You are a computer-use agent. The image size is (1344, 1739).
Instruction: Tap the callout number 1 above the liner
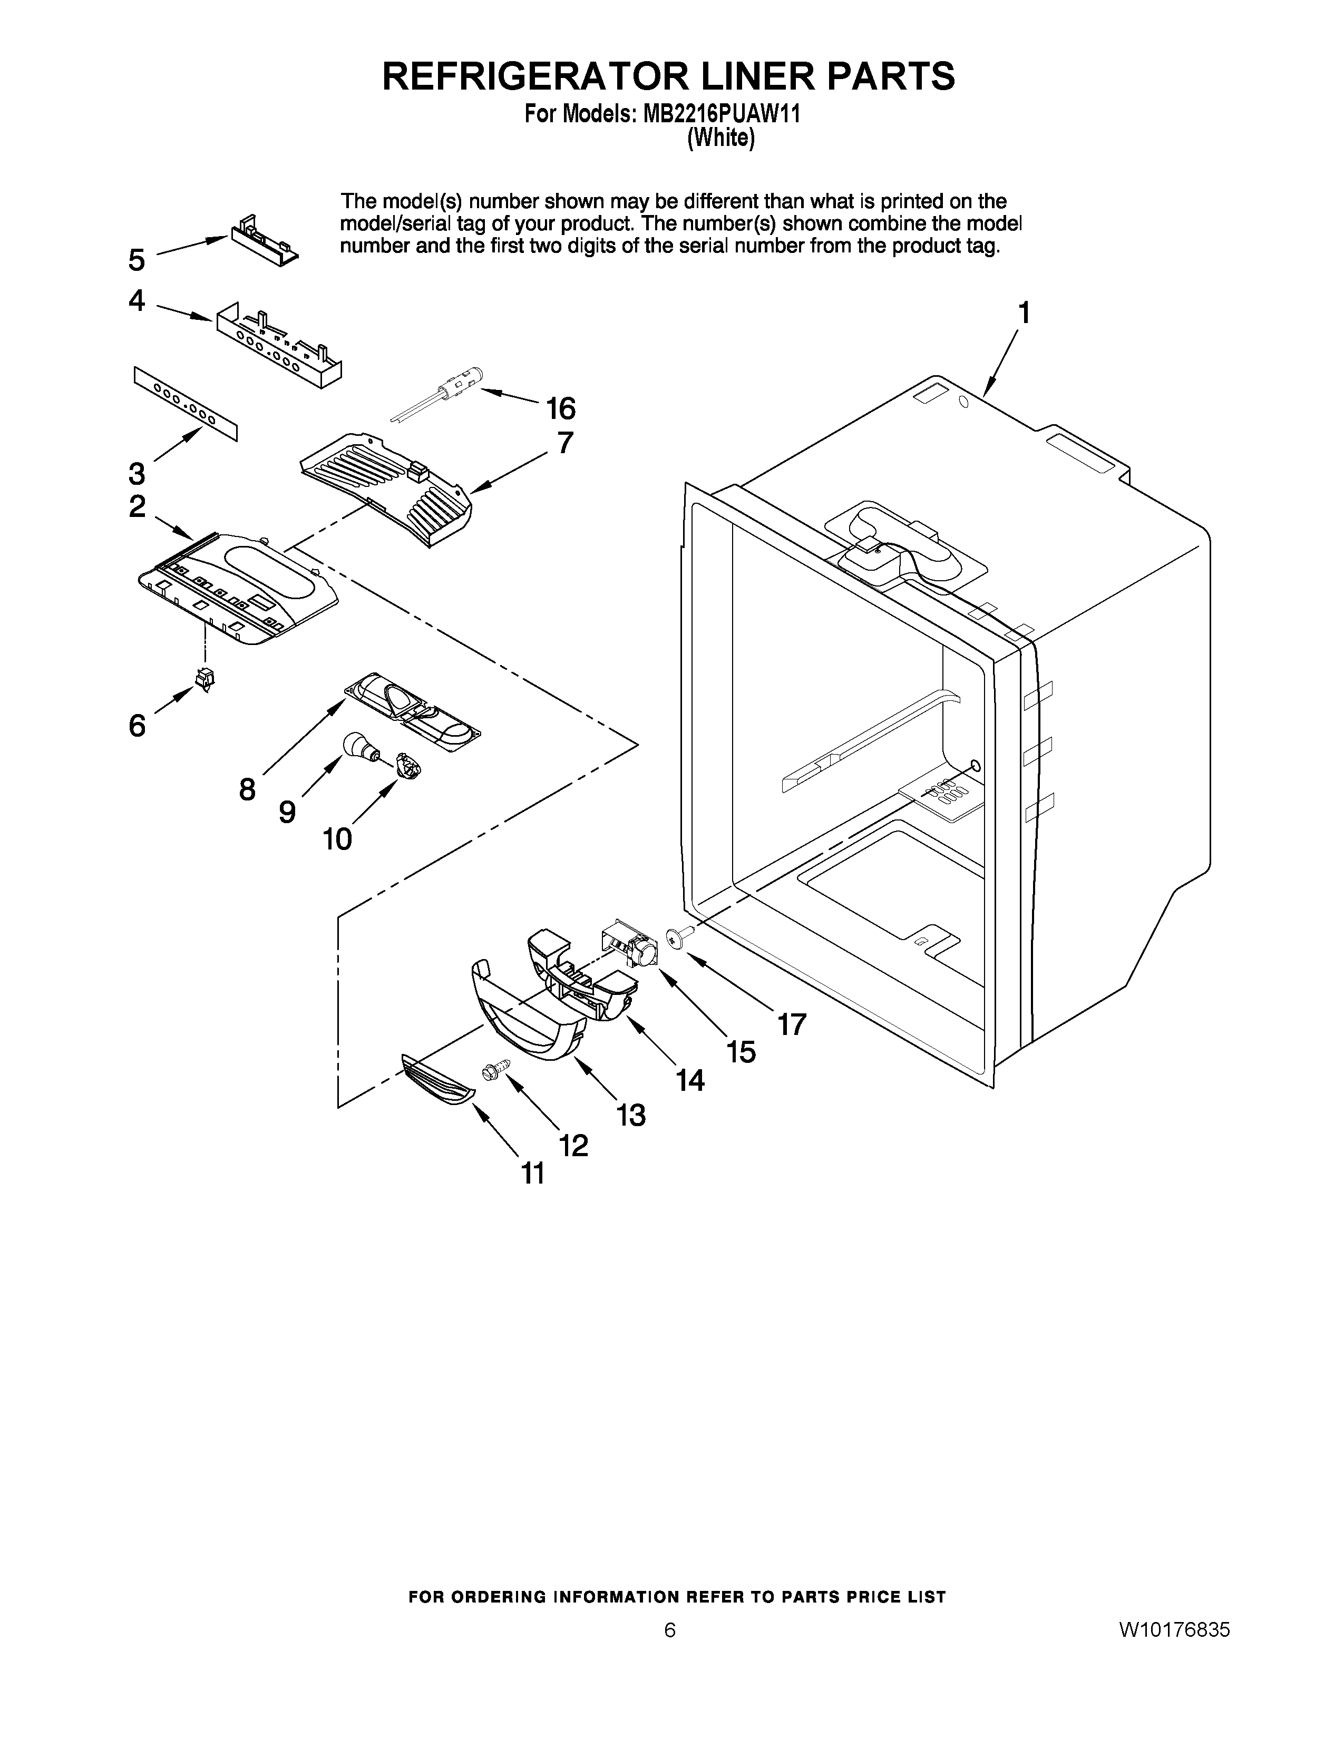[x=1024, y=313]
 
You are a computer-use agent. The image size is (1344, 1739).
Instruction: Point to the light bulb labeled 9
[x=355, y=745]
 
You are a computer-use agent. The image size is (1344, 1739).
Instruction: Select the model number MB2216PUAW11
[x=715, y=114]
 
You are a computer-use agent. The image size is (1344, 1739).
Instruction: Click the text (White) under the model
[x=720, y=138]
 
